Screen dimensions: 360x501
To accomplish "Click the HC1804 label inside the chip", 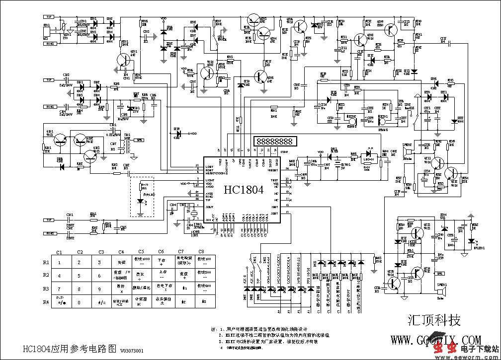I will click(x=243, y=190).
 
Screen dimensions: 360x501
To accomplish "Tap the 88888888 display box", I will click(x=272, y=141).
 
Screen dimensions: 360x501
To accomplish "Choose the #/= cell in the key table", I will click(x=101, y=301).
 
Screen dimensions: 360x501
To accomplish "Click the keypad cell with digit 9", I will click(x=101, y=288).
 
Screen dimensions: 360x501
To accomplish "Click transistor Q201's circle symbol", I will click(x=121, y=60).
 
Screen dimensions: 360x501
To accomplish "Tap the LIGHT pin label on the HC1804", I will click(x=210, y=180).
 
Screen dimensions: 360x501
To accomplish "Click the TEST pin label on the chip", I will click(x=274, y=180).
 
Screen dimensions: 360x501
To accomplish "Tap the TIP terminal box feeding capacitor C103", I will click(x=49, y=80).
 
